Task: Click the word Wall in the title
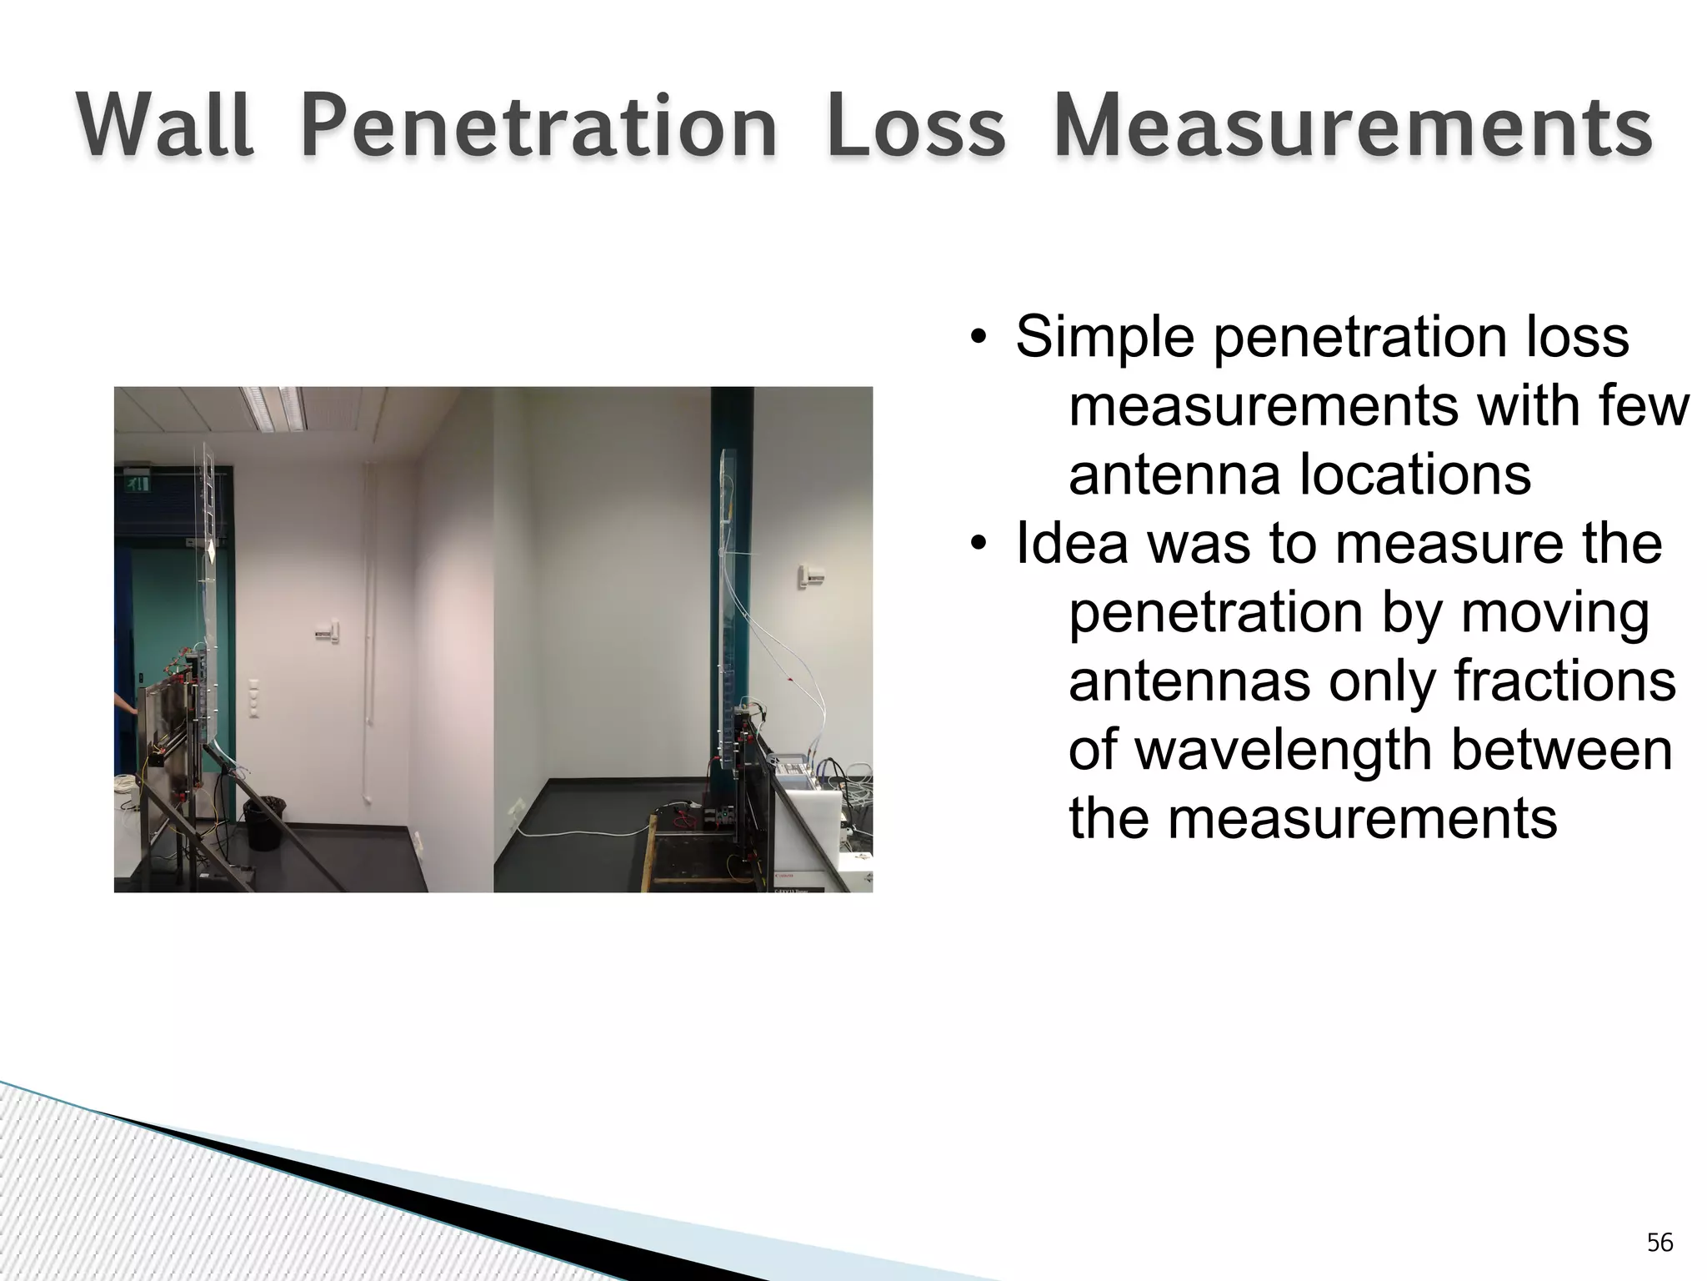pyautogui.click(x=165, y=128)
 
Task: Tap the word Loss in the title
pyautogui.click(x=916, y=128)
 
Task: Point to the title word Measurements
pyautogui.click(x=1353, y=128)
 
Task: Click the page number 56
pyautogui.click(x=1659, y=1243)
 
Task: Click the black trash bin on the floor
pyautogui.click(x=264, y=822)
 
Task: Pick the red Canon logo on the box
pyautogui.click(x=783, y=877)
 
